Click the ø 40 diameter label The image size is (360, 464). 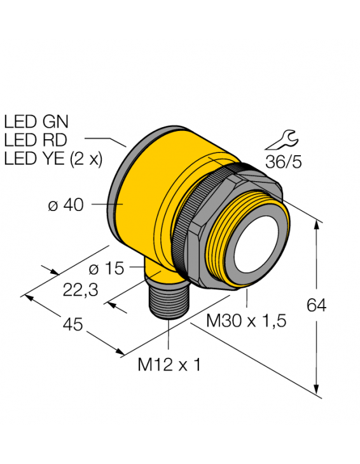click(67, 205)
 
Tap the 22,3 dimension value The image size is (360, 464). click(81, 290)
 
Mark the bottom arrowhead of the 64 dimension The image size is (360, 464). click(317, 391)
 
